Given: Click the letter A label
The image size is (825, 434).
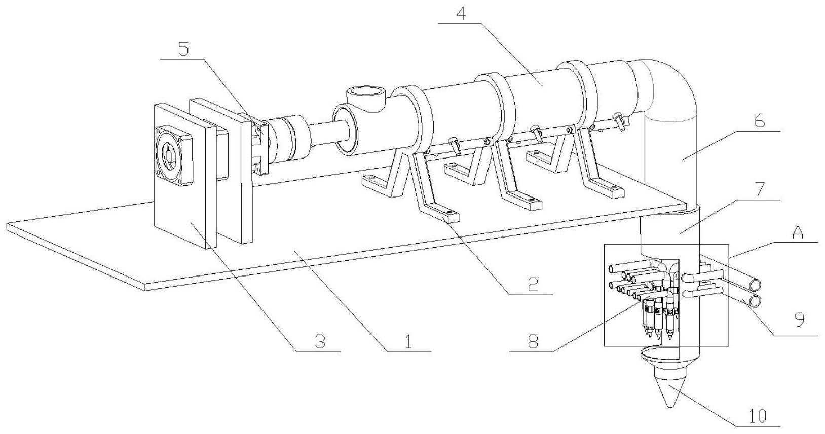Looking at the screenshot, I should pyautogui.click(x=798, y=233).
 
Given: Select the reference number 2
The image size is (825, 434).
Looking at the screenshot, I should pyautogui.click(x=532, y=284).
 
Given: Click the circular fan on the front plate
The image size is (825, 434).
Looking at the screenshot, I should pyautogui.click(x=172, y=155).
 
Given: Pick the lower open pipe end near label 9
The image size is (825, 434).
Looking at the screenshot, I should pyautogui.click(x=755, y=301).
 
